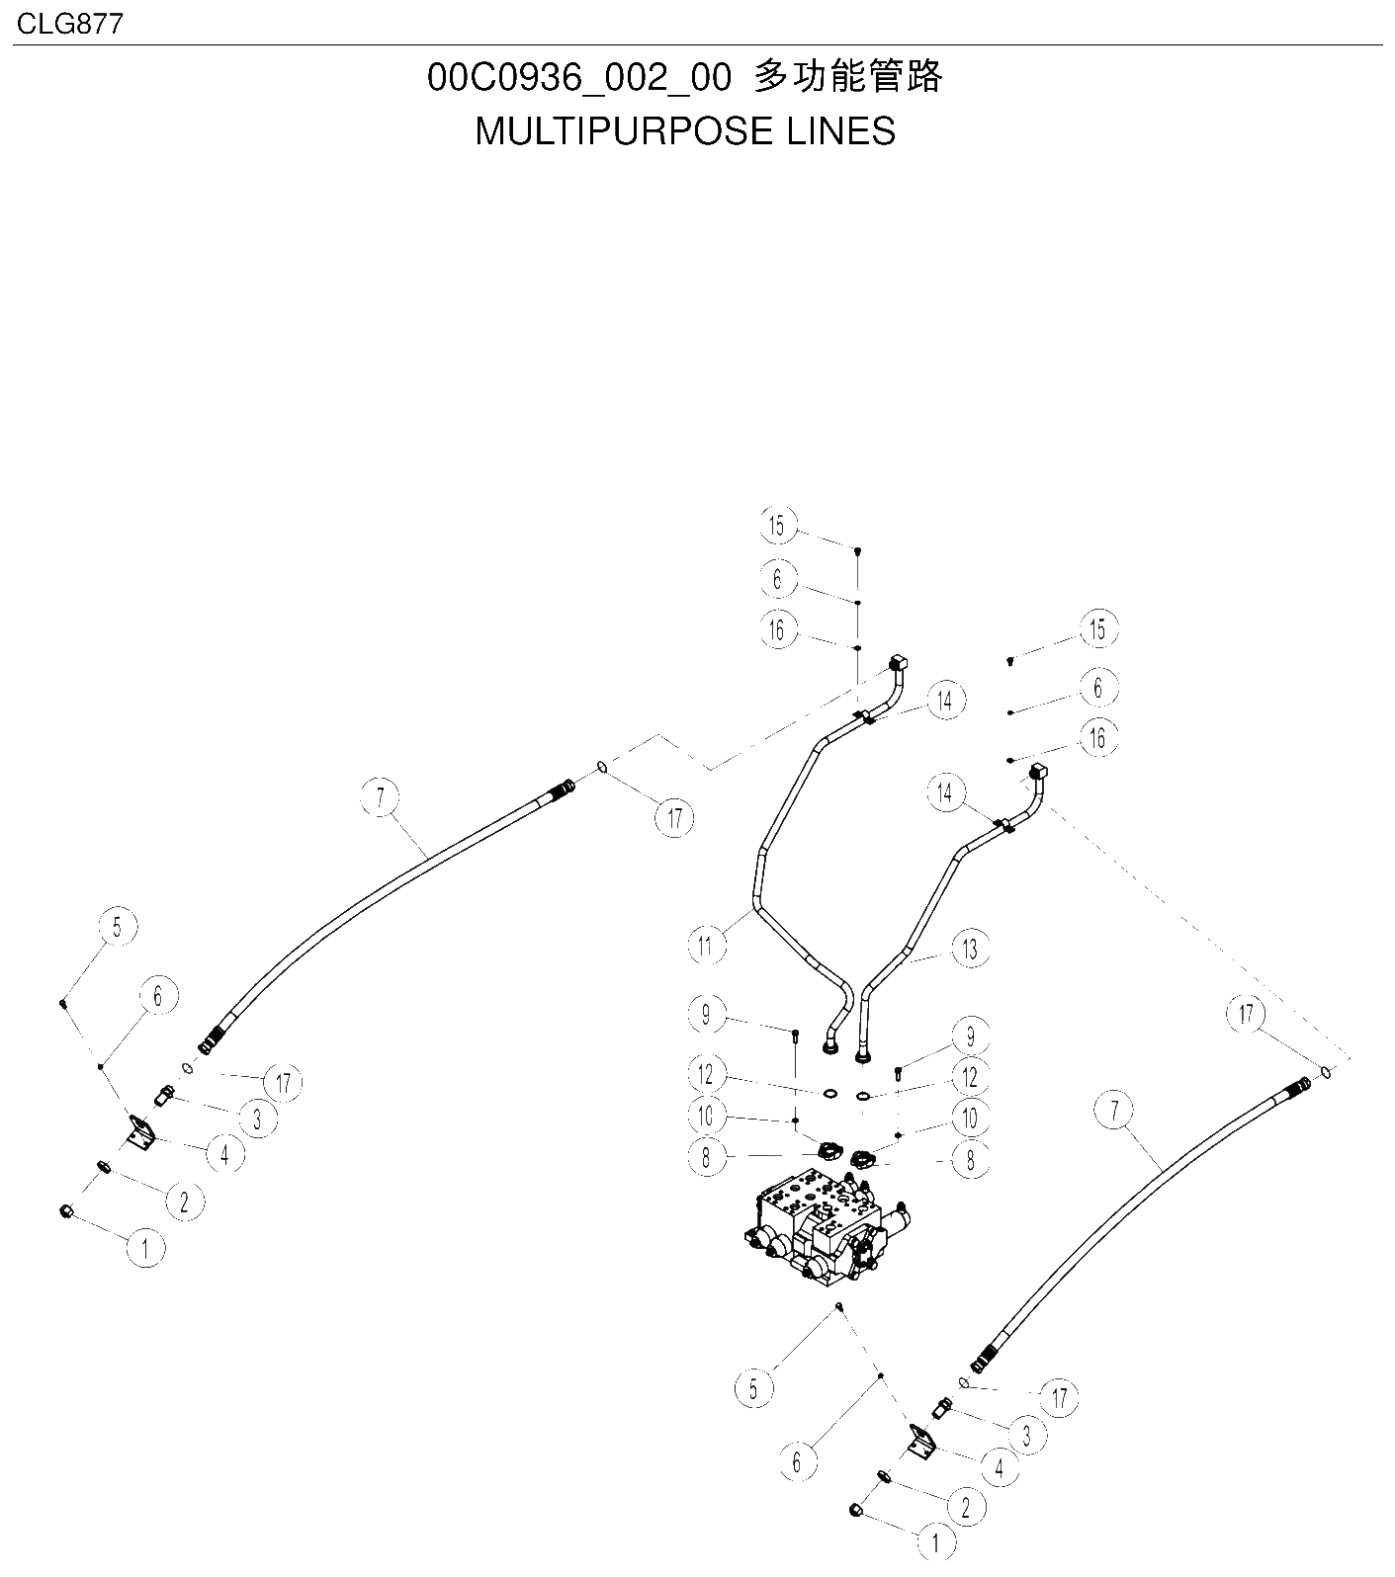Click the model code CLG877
(70, 23)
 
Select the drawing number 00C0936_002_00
(579, 77)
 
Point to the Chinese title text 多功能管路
(848, 76)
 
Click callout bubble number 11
(705, 947)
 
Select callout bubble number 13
(970, 949)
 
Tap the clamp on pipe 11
(866, 715)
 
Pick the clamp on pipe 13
(1002, 824)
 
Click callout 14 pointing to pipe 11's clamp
(946, 701)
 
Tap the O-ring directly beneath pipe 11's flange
(830, 1093)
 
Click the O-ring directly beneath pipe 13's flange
(863, 1095)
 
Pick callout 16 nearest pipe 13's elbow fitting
(1097, 737)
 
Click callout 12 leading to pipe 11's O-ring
(706, 1074)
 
